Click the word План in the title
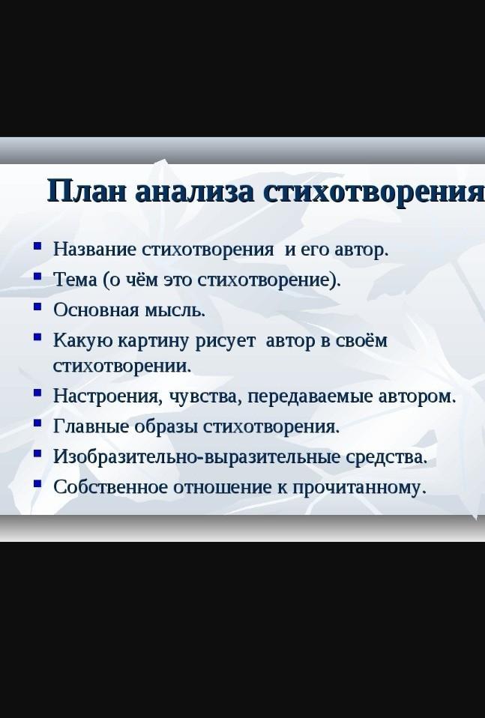pyautogui.click(x=86, y=190)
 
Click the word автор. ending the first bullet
pyautogui.click(x=362, y=250)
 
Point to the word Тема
pyautogui.click(x=75, y=280)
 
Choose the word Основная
pyautogui.click(x=96, y=310)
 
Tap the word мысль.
pyautogui.click(x=175, y=310)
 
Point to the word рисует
pyautogui.click(x=225, y=342)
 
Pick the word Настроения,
pyautogui.click(x=108, y=396)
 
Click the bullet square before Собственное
pyautogui.click(x=37, y=483)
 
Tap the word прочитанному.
pyautogui.click(x=359, y=487)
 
